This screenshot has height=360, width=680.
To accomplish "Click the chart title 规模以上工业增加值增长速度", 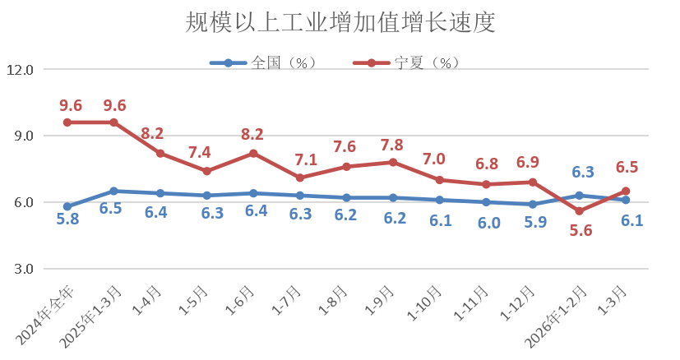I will [x=340, y=22].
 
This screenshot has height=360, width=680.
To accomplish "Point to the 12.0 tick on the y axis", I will [x=20, y=70].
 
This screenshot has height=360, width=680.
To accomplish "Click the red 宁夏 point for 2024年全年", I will [x=67, y=122].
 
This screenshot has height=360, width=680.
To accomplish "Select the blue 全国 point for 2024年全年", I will [x=67, y=206].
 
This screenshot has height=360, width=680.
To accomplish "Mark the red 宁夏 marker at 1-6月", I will [x=253, y=154].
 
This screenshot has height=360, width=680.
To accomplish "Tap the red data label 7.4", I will [x=207, y=153].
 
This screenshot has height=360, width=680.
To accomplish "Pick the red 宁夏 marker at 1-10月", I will [x=440, y=180].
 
